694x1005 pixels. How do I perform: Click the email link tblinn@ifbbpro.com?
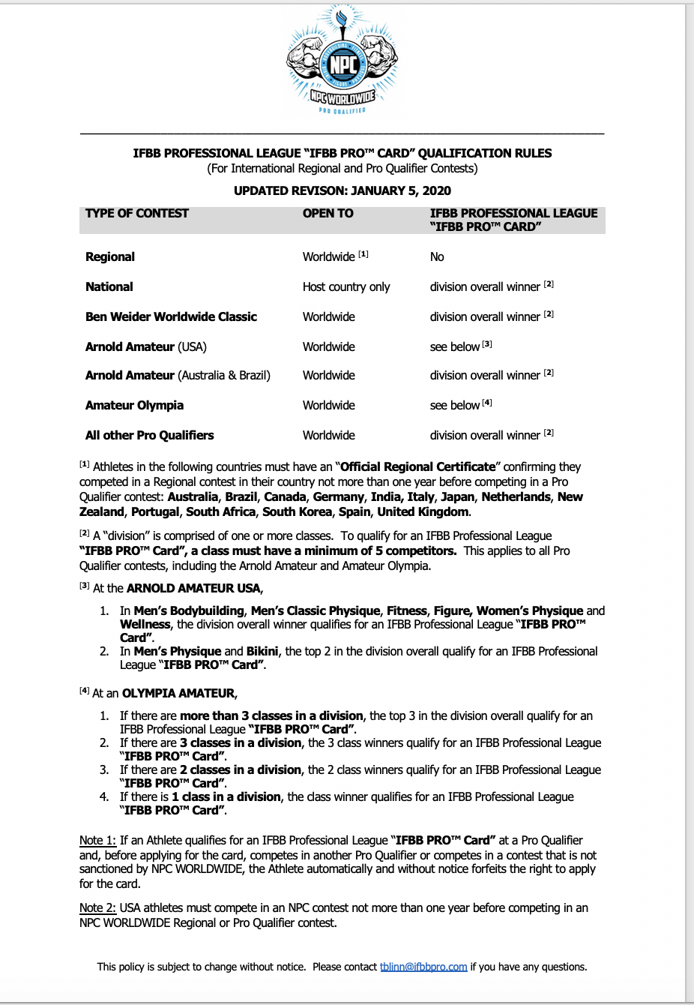coord(423,967)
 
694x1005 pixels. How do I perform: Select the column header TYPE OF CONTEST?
coord(137,213)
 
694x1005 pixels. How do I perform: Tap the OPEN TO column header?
coord(328,213)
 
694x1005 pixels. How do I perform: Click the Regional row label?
coord(110,256)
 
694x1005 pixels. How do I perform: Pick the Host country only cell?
coord(346,286)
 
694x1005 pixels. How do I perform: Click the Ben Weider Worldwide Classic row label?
coord(171,316)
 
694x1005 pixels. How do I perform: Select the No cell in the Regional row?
coord(437,256)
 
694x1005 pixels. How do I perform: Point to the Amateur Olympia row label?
coord(134,405)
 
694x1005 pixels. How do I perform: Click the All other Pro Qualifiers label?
coord(149,435)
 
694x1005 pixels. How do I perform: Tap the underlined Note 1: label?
coord(97,840)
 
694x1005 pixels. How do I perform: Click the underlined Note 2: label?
coord(97,907)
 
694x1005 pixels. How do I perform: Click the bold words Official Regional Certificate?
coord(418,466)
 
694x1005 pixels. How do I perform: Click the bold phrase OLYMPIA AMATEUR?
coord(180,693)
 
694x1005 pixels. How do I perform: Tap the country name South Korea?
coord(297,511)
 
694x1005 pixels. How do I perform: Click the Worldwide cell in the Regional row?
coord(329,256)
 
